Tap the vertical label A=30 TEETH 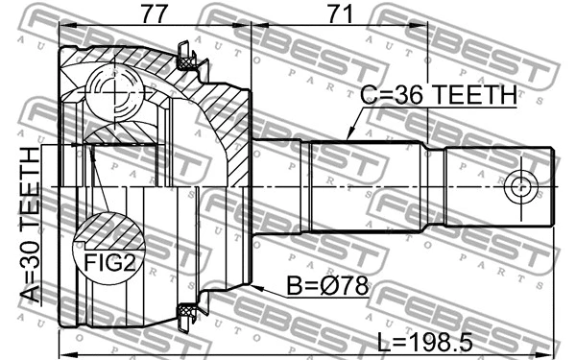point(31,225)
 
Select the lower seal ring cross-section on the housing point(186,311)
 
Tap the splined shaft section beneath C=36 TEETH point(365,187)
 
